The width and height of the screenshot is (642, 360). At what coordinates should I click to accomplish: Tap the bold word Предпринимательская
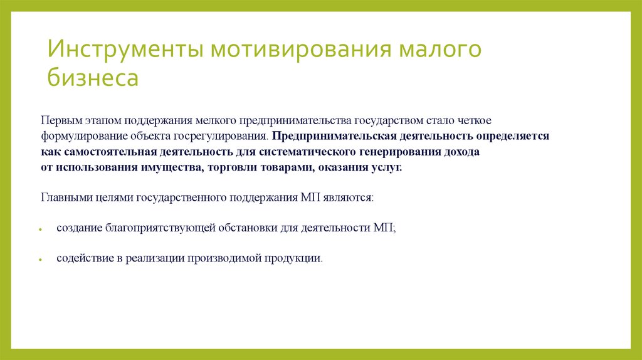(x=329, y=135)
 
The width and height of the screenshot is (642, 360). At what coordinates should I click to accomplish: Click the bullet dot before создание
(x=41, y=230)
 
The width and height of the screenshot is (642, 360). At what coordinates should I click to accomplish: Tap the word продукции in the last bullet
(x=294, y=258)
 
